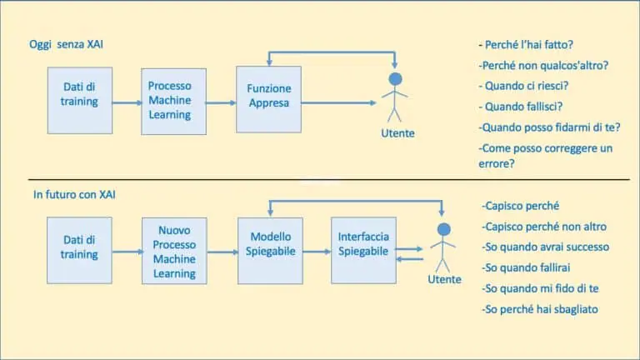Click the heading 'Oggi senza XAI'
tap(64, 44)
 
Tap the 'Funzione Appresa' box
tap(268, 97)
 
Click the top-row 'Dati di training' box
tap(80, 98)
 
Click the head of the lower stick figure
tap(443, 229)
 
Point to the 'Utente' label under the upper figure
tap(397, 133)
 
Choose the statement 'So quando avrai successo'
tap(545, 247)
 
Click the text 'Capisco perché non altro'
tap(543, 227)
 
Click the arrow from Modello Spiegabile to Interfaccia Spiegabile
tap(317, 250)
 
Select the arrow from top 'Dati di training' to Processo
tap(127, 103)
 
